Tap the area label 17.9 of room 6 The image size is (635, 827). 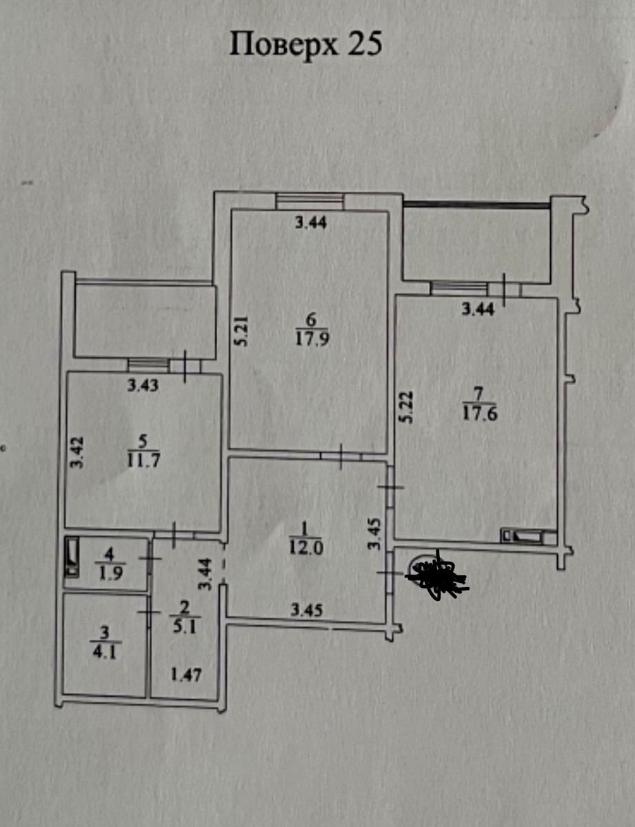tap(312, 338)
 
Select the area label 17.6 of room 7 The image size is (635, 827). tap(480, 413)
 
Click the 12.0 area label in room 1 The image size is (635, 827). tap(306, 549)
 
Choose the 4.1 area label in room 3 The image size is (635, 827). tap(105, 653)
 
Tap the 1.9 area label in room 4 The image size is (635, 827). tap(110, 573)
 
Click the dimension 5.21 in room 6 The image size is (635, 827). tap(242, 331)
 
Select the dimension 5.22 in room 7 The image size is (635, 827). tap(407, 407)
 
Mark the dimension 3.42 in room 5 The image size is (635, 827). tap(77, 453)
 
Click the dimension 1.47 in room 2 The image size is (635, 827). tap(185, 675)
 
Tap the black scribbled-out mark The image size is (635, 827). tap(438, 576)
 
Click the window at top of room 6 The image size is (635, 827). tap(310, 201)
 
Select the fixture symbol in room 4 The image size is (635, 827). tap(72, 562)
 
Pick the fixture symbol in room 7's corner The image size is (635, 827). tap(527, 536)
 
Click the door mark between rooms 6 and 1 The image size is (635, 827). tap(341, 456)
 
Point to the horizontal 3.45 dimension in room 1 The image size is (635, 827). tap(306, 611)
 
